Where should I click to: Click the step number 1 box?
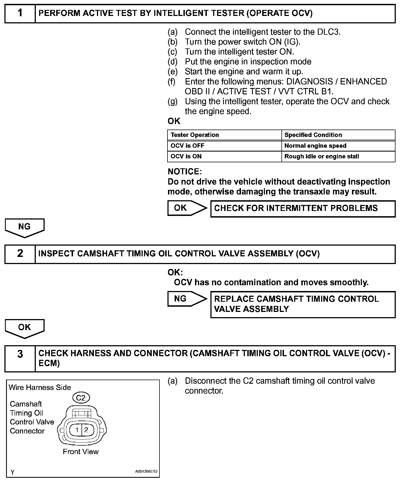[x=20, y=13]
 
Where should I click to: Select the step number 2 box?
[x=20, y=254]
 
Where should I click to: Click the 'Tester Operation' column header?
[x=195, y=135]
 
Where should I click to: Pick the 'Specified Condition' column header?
[x=313, y=135]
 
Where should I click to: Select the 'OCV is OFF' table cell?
[x=188, y=146]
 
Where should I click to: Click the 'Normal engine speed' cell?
[x=315, y=146]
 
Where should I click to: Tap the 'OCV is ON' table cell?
[x=186, y=157]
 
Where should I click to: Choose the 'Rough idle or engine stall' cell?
[x=322, y=157]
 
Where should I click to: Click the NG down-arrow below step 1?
[x=25, y=227]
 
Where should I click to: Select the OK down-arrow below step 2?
[x=25, y=328]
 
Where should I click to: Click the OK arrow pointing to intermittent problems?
[x=186, y=208]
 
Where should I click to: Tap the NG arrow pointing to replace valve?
[x=186, y=299]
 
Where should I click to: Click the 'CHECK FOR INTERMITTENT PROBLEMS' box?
[x=303, y=208]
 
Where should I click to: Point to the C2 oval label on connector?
[x=81, y=398]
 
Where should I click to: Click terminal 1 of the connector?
[x=77, y=430]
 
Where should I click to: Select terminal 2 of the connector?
[x=86, y=430]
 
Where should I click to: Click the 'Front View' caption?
[x=80, y=452]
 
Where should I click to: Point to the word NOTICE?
[x=185, y=172]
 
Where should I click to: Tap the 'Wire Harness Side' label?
[x=40, y=388]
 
